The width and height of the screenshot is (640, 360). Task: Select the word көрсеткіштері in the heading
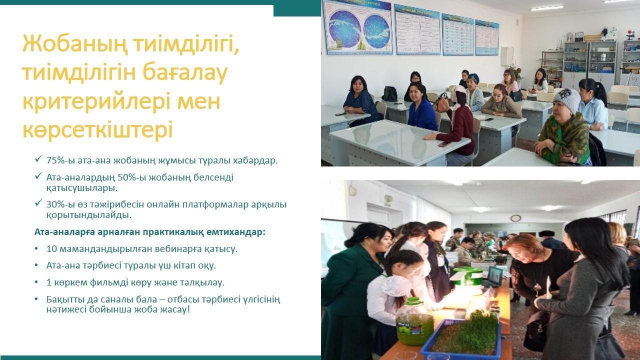click(x=97, y=130)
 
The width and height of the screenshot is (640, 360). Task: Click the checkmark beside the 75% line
click(x=38, y=159)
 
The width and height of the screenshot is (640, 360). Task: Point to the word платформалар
click(x=215, y=204)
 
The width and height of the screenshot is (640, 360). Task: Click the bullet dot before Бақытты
click(x=36, y=299)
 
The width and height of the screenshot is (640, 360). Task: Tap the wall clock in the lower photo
click(x=515, y=218)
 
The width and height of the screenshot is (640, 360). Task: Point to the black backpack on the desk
click(x=389, y=93)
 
